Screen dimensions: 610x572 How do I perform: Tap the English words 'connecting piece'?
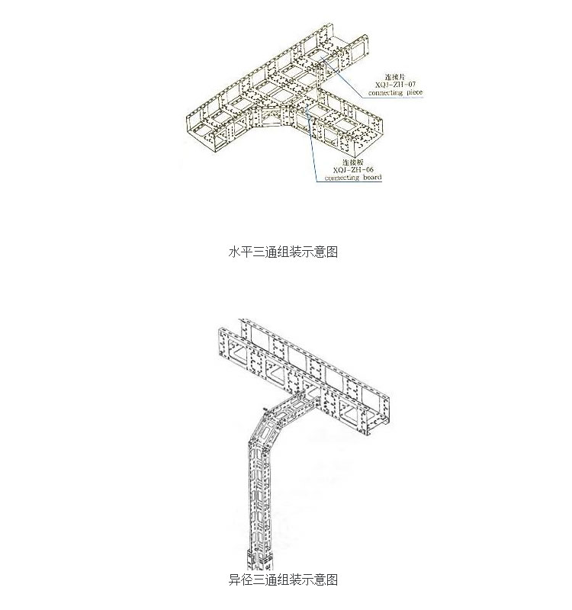(x=394, y=91)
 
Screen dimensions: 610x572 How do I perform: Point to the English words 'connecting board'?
(x=352, y=178)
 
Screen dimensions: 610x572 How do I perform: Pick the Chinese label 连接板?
(x=352, y=162)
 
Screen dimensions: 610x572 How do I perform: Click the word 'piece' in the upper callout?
(x=410, y=91)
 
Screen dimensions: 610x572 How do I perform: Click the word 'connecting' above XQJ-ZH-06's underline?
(x=340, y=178)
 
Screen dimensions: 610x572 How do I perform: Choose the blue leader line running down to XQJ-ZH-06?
(x=312, y=145)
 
